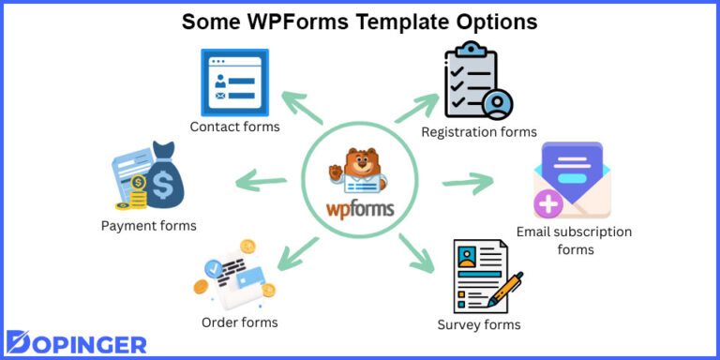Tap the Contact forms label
[x=234, y=127]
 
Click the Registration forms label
[x=479, y=132]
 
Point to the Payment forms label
[x=149, y=225]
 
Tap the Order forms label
[x=240, y=322]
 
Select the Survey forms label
[x=479, y=324]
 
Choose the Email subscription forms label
[x=575, y=240]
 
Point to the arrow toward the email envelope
[x=468, y=181]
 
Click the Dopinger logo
[x=77, y=341]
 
